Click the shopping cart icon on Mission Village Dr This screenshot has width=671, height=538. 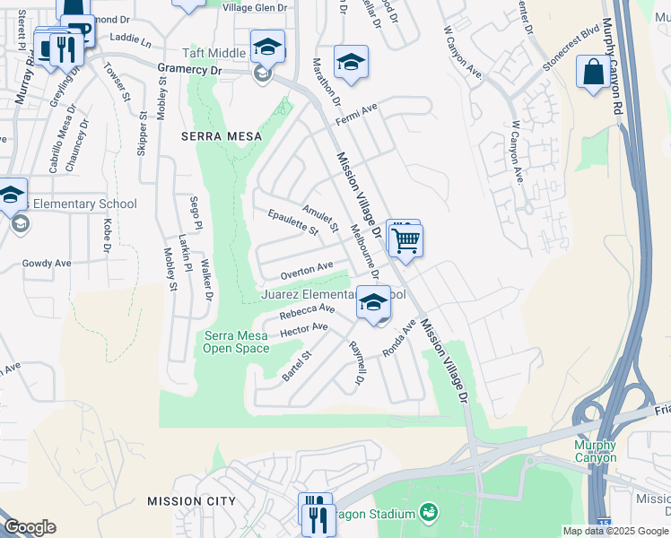coord(406,239)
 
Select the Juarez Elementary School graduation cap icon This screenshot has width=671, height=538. coord(374,302)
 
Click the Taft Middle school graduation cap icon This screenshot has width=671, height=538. coord(267,46)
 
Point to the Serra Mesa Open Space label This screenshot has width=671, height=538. coord(237,342)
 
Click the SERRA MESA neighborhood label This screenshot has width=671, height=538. coord(222,136)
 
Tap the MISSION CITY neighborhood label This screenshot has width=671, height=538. coord(191,501)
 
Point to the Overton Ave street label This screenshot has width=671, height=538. coord(306,268)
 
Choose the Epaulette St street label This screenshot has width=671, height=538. coord(293,221)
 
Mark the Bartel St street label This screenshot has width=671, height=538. coord(296,366)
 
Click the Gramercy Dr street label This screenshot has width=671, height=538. coord(188,68)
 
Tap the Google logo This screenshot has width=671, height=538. coord(30,527)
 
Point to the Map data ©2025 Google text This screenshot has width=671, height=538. coord(615,531)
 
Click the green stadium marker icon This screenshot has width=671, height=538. coord(429,512)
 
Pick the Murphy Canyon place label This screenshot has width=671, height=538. coord(595,451)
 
